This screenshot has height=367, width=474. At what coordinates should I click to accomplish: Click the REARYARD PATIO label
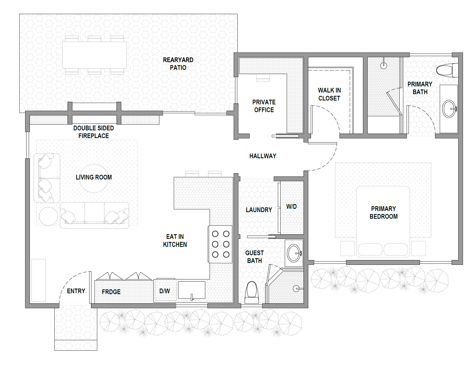[178, 64]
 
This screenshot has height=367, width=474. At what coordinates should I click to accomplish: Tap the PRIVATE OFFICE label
[264, 106]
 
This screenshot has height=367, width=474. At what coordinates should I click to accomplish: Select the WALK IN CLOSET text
[329, 94]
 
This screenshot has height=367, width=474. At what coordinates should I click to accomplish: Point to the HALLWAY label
[263, 156]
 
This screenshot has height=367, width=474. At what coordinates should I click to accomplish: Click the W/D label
[291, 207]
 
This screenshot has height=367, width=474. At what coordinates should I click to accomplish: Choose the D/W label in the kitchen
[165, 291]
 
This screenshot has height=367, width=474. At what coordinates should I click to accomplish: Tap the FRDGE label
[111, 292]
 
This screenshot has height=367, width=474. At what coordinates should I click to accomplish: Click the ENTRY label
[76, 291]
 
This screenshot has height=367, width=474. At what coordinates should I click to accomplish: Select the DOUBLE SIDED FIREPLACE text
[94, 132]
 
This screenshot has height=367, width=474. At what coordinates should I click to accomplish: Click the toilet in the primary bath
[447, 70]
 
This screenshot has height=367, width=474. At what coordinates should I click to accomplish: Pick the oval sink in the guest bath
[294, 253]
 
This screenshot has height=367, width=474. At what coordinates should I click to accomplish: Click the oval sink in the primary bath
[449, 109]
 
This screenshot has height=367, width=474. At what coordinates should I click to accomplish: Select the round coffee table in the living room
[94, 178]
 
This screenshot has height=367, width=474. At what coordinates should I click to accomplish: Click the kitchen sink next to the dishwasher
[192, 290]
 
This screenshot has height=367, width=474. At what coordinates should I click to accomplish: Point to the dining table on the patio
[94, 55]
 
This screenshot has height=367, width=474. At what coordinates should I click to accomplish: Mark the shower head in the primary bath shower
[384, 65]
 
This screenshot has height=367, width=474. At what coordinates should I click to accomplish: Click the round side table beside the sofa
[48, 216]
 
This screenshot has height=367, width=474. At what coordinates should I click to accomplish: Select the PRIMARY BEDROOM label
[383, 213]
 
